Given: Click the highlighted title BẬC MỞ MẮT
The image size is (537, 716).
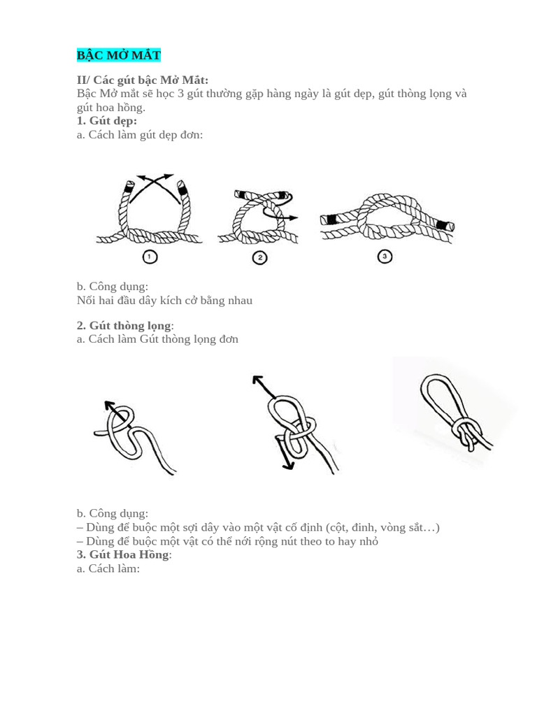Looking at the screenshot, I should tap(118, 55).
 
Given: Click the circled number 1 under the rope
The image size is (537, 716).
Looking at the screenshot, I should tap(150, 257).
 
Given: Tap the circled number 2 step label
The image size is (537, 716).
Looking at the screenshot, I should tap(259, 258).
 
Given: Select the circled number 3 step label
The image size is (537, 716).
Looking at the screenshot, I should tap(385, 257).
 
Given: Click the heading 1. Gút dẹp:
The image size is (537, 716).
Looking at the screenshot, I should tap(107, 121).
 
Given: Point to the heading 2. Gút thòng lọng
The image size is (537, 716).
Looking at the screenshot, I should tap(124, 325).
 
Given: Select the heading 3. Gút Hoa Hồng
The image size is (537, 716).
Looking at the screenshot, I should tap(124, 554).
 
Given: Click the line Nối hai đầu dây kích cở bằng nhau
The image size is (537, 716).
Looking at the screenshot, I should tap(164, 301).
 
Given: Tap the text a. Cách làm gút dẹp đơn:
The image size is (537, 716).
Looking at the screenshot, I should tap(140, 134).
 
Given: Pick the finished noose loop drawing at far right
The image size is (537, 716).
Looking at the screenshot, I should tap(454, 413).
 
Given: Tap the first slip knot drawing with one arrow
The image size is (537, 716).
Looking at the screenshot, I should tap(133, 437).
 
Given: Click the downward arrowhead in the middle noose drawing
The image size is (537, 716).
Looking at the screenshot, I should tap(287, 465).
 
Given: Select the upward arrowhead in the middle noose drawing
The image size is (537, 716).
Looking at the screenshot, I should tap(256, 380).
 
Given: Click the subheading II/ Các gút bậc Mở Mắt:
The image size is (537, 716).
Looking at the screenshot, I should tap(143, 80).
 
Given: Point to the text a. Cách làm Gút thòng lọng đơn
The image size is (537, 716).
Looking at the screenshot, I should tap(157, 339).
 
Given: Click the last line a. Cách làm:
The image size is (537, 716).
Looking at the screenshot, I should tap(108, 568).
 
